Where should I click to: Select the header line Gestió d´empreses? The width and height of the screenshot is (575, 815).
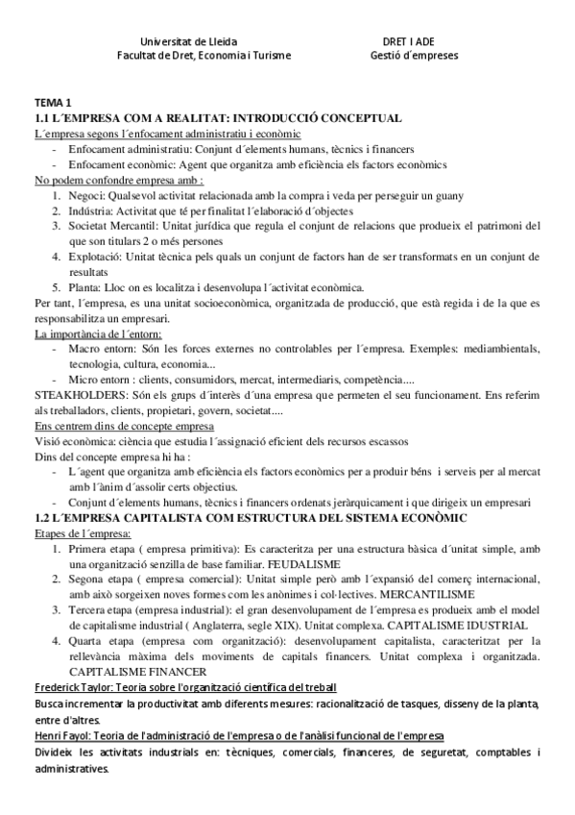414,56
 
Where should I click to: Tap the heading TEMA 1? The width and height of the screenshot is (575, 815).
53,103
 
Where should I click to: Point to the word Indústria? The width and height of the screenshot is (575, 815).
90,210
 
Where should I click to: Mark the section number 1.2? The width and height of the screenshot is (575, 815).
43,518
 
